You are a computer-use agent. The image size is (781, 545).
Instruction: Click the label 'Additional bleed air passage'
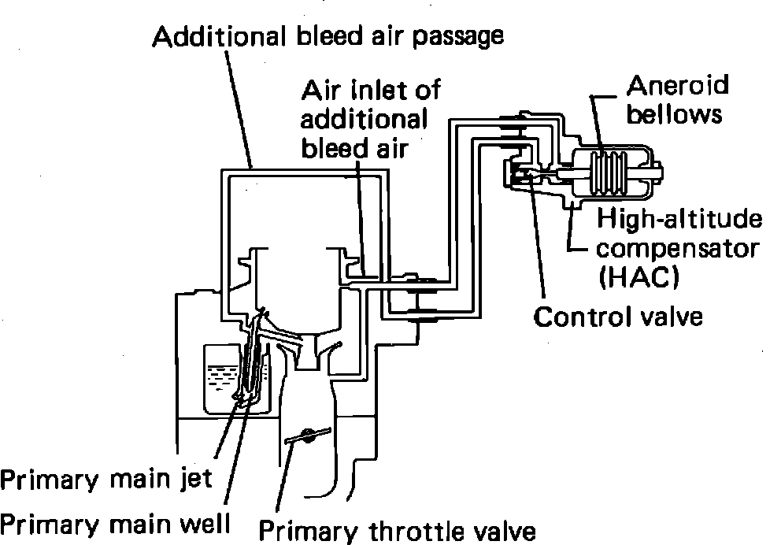click(328, 36)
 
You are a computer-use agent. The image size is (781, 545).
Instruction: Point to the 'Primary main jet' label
click(106, 479)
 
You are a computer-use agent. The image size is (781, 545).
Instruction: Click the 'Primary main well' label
click(115, 522)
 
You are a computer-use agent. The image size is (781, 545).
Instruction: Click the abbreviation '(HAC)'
click(638, 278)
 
